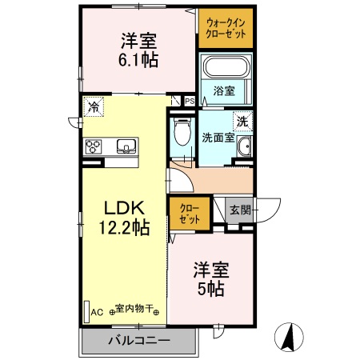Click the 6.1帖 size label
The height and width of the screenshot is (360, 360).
pyautogui.click(x=138, y=58)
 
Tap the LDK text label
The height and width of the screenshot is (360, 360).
pyautogui.click(x=122, y=207)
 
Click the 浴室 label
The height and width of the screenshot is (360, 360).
pyautogui.click(x=225, y=91)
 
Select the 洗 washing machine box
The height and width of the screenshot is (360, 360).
pyautogui.click(x=242, y=122)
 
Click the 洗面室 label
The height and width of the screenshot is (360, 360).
pyautogui.click(x=218, y=137)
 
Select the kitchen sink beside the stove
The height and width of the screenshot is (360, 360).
pyautogui.click(x=127, y=146)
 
